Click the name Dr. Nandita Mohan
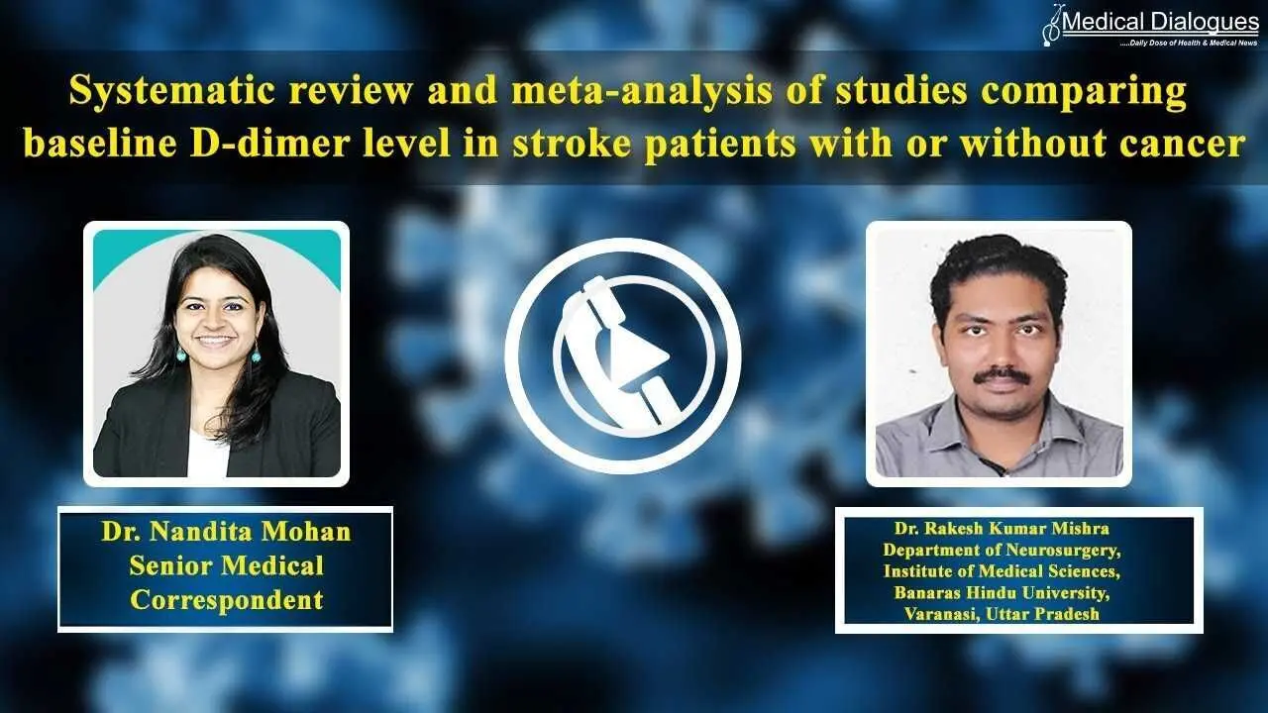226,532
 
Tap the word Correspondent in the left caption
226,601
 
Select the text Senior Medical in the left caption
226,565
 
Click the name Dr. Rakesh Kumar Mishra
1002,528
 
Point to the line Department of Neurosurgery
1002,550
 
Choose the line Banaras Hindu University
1002,592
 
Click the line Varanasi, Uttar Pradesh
1002,614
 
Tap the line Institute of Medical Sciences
1002,571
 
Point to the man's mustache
1000,376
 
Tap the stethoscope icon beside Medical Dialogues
1052,26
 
